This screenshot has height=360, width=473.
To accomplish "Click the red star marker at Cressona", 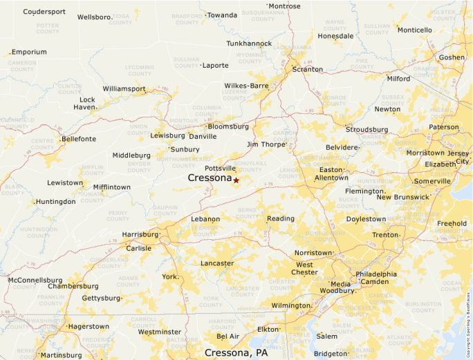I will coord(236,180).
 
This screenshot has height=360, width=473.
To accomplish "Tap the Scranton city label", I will coord(307,69).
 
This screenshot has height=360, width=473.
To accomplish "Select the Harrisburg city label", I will coord(140,234).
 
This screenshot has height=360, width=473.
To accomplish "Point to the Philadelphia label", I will coord(376,274).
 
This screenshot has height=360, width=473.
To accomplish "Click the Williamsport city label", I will coord(124,88).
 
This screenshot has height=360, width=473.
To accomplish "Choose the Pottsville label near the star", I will coord(221,169).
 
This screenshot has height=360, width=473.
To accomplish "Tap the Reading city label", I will coord(281,218).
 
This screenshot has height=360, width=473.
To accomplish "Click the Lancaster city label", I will coord(217,263).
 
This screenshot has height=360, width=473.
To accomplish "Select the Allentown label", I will coord(331,178).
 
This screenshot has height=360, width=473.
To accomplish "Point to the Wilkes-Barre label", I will coord(246,86).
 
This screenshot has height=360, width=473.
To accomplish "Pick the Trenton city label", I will coord(385,235).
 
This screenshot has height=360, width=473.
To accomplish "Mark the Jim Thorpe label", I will coord(266,144).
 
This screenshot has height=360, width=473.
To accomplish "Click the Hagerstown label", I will coord(88,326).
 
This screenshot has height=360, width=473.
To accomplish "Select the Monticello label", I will coord(414,30).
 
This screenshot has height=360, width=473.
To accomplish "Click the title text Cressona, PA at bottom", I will coord(236,352).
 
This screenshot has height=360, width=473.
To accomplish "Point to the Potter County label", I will coord(48,28).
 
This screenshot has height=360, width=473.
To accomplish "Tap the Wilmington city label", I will coord(290,305).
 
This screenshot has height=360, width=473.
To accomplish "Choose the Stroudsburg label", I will coord(367,129).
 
